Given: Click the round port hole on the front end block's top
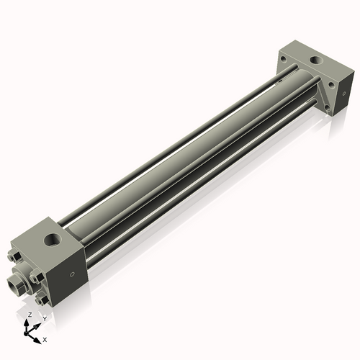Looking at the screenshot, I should (x=53, y=235).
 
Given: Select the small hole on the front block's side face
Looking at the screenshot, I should (x=71, y=274).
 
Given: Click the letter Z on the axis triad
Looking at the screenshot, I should (x=29, y=315).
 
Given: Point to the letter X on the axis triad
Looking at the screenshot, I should (x=45, y=338).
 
